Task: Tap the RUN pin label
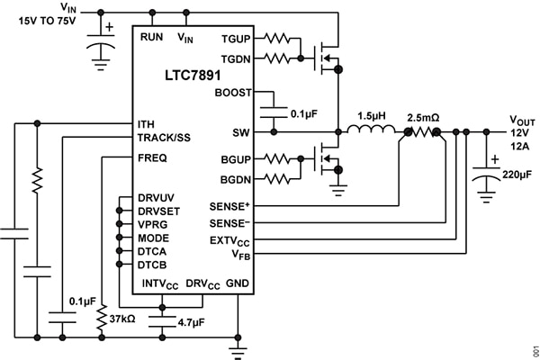[151, 37]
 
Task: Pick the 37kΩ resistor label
[122, 319]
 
